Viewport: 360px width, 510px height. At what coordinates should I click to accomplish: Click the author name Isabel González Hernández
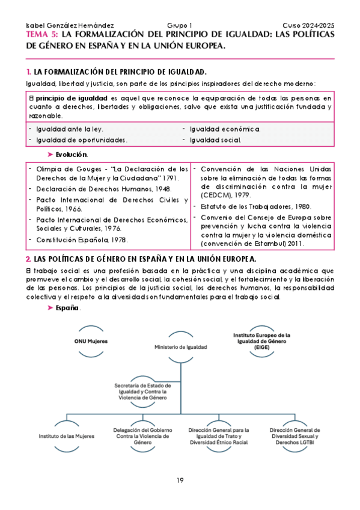[x=63, y=26]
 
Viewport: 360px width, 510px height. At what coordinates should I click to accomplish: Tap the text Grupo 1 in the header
[x=180, y=26]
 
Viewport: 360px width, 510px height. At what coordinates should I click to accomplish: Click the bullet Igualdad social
[x=216, y=140]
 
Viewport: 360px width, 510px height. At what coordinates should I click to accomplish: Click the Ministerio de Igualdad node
[x=180, y=347]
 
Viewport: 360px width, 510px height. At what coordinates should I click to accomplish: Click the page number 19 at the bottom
[x=180, y=479]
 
